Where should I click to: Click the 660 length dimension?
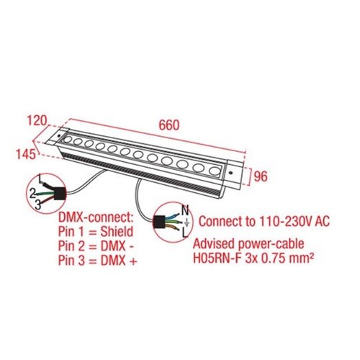(x=169, y=125)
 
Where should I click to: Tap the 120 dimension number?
(x=37, y=120)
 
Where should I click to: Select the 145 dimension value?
(x=25, y=154)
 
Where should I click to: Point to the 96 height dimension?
(x=261, y=176)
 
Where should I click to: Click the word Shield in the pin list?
(x=117, y=232)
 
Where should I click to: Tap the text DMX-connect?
(x=96, y=218)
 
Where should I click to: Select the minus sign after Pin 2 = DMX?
(x=132, y=247)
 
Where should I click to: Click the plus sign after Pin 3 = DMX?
(x=133, y=261)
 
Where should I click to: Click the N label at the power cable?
(x=185, y=210)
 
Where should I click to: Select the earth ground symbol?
(x=186, y=223)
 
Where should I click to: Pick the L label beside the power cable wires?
(x=185, y=233)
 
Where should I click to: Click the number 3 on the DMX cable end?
(x=37, y=205)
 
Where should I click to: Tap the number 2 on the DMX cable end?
(x=32, y=194)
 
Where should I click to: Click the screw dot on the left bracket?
(x=58, y=135)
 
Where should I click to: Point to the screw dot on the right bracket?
(x=231, y=173)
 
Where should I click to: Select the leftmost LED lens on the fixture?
(x=68, y=140)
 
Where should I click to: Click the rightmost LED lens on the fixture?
(x=215, y=171)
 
